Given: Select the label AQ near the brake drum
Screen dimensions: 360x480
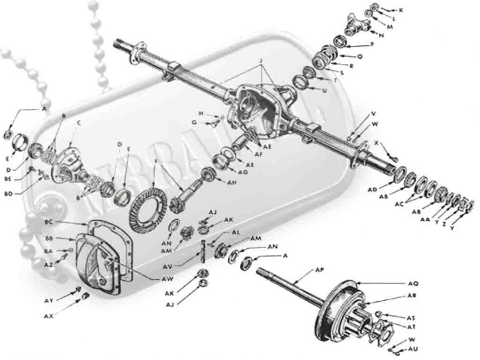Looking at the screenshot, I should click(413, 283).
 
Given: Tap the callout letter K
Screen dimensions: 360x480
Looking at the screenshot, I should click(401, 10).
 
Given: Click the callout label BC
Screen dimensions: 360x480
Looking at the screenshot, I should click(49, 222).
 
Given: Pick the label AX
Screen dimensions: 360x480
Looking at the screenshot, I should click(49, 317).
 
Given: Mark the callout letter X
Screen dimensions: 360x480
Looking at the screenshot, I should click(377, 143).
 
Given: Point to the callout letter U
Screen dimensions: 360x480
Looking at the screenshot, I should click(339, 90).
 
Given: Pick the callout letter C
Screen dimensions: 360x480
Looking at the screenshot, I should click(78, 122).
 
